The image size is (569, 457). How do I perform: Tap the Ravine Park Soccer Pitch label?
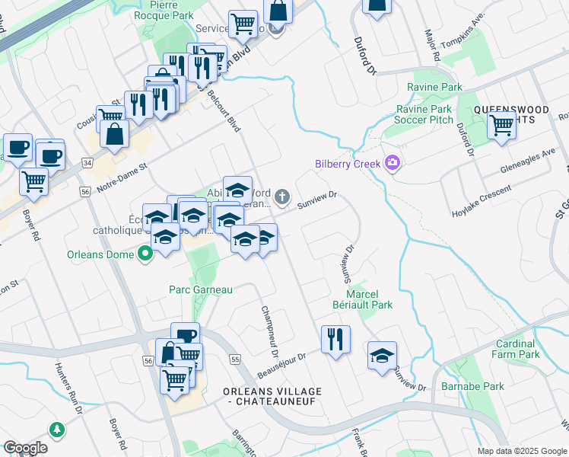click(x=424, y=115)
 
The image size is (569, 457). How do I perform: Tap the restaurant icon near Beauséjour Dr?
click(x=335, y=339)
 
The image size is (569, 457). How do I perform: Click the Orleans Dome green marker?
click(x=144, y=254)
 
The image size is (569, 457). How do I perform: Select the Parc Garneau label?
click(x=200, y=289)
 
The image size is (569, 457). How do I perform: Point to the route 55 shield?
click(x=234, y=359)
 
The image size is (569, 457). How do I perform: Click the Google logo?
click(x=25, y=448)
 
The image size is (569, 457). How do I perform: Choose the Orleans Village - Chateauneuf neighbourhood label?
click(x=272, y=396)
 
